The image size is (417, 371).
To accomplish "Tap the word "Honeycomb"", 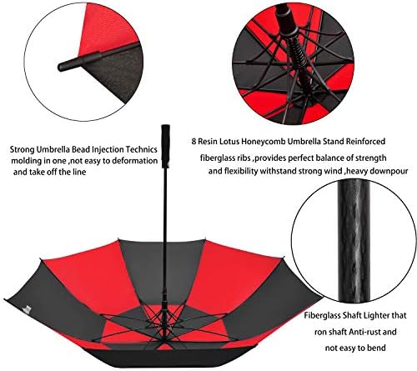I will pyautogui.click(x=279, y=142).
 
